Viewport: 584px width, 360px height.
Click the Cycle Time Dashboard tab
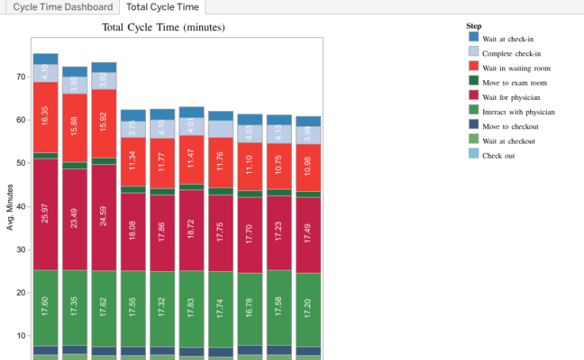pos(62,7)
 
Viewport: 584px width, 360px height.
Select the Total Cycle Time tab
pos(163,7)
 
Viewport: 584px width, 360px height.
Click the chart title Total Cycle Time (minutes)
pos(163,28)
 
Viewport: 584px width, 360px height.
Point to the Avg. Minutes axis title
pos(11,207)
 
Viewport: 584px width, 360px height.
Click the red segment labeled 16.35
pos(45,117)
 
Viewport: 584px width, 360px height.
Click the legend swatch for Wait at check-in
pos(474,36)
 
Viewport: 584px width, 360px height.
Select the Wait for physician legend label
pos(511,97)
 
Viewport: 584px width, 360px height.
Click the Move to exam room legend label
pos(515,82)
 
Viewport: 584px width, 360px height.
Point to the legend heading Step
pos(474,25)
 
